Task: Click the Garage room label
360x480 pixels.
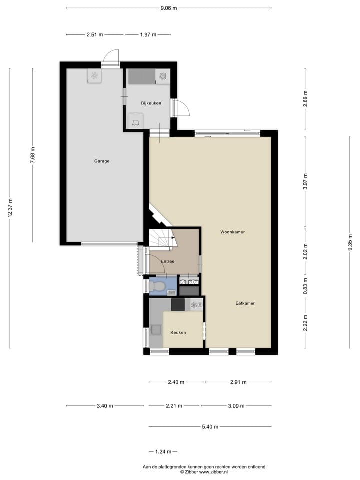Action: point(102,161)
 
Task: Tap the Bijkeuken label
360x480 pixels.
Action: point(151,103)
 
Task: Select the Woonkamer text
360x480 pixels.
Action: point(232,232)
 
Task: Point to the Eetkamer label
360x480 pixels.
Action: point(245,303)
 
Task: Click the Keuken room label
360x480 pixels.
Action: point(178,332)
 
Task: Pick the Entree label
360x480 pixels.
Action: point(167,261)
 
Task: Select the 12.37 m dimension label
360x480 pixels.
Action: point(10,208)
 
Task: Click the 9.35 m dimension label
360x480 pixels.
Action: point(349,245)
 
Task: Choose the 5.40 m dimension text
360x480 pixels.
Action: point(211,427)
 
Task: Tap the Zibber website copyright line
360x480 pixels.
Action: point(204,472)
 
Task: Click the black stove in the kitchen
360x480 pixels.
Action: point(178,305)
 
